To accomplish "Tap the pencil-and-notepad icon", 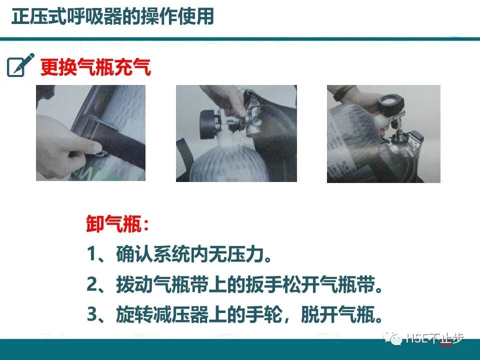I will [x=20, y=65].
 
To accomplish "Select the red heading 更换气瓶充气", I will [x=95, y=67].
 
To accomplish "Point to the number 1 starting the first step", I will [x=92, y=255].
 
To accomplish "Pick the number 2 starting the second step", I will [x=92, y=285].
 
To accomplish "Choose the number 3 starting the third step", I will [x=92, y=315].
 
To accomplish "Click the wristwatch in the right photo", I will [x=343, y=93].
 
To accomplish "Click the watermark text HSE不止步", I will [x=434, y=339].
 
